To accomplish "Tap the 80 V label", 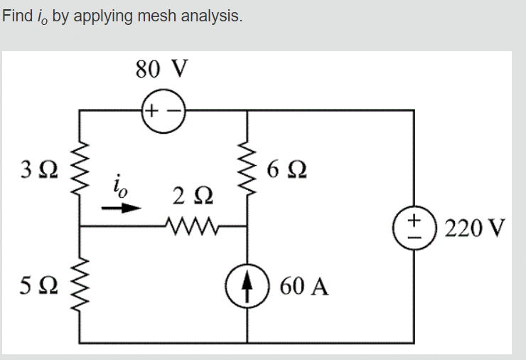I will (x=162, y=69).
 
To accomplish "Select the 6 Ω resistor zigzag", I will (x=247, y=169).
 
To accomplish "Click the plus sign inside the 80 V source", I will (x=152, y=110).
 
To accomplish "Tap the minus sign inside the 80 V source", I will (x=173, y=110).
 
